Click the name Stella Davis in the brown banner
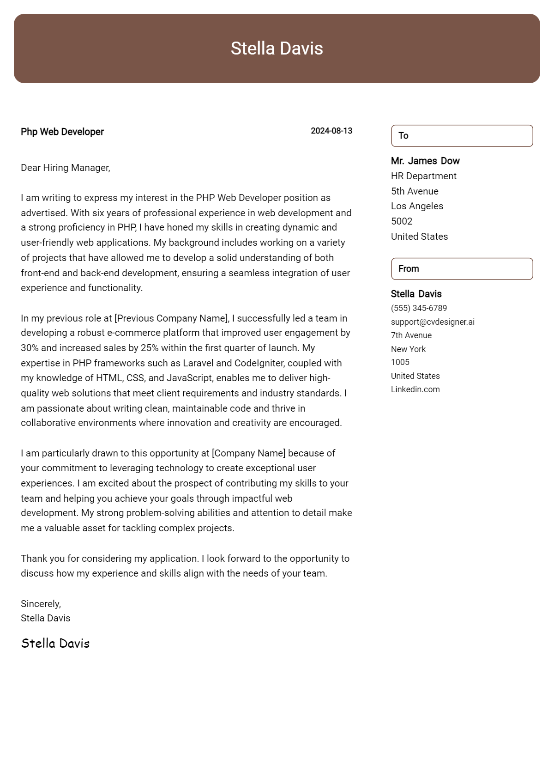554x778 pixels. tap(277, 49)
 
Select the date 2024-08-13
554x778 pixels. tap(331, 131)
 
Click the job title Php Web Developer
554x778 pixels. tap(62, 132)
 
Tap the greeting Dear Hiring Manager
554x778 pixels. tap(65, 168)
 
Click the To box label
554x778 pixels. tap(403, 136)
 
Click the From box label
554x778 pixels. tap(409, 269)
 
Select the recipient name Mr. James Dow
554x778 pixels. tap(425, 161)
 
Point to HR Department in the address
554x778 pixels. tap(423, 176)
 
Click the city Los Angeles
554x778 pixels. tap(417, 206)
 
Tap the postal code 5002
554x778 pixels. tap(402, 221)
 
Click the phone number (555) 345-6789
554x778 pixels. tap(419, 308)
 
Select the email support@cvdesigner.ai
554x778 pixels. tap(433, 322)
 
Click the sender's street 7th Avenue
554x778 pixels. tap(411, 335)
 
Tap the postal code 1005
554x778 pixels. tap(400, 362)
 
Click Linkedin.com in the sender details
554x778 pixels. tap(415, 389)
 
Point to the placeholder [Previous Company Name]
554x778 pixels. tap(171, 318)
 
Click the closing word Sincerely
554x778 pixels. tap(41, 604)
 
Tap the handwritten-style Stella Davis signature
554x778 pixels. tap(55, 643)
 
